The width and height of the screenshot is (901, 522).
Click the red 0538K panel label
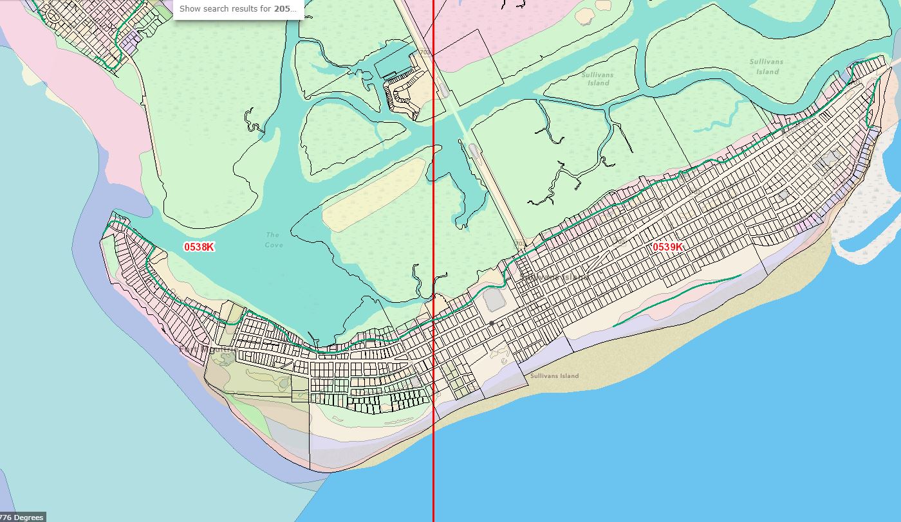(x=199, y=247)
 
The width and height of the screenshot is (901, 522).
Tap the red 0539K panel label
(x=667, y=247)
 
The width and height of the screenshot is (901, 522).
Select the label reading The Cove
(x=274, y=240)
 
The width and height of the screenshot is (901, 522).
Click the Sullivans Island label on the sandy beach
(x=554, y=376)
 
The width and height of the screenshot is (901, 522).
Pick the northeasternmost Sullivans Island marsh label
(x=766, y=67)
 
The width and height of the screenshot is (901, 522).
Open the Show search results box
(x=238, y=9)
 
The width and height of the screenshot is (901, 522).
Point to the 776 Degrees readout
(x=23, y=517)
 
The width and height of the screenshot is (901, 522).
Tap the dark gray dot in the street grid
(x=492, y=323)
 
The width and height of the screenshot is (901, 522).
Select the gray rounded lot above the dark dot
(x=494, y=300)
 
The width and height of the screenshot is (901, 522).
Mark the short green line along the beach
(x=676, y=300)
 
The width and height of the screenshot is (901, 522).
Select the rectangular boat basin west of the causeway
(x=393, y=64)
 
